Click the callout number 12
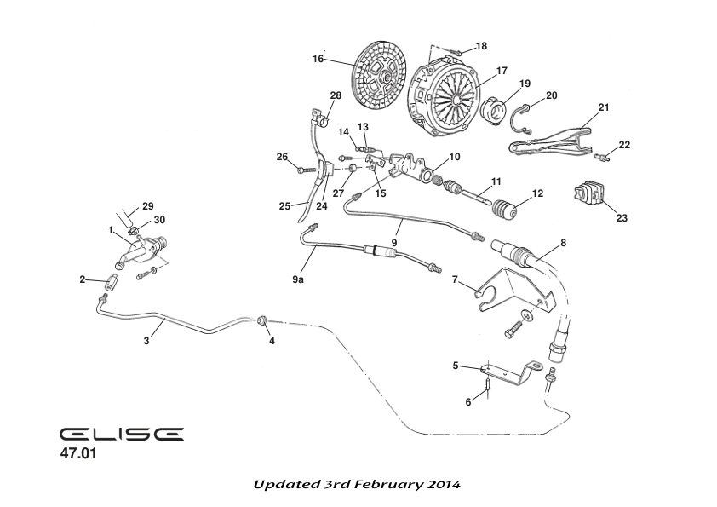[x=537, y=193]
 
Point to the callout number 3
[x=147, y=341]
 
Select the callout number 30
[x=159, y=219]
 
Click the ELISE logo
[x=122, y=435]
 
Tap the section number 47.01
[x=78, y=454]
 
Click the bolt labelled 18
[x=457, y=53]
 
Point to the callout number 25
[x=284, y=205]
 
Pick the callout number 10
[x=454, y=157]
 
